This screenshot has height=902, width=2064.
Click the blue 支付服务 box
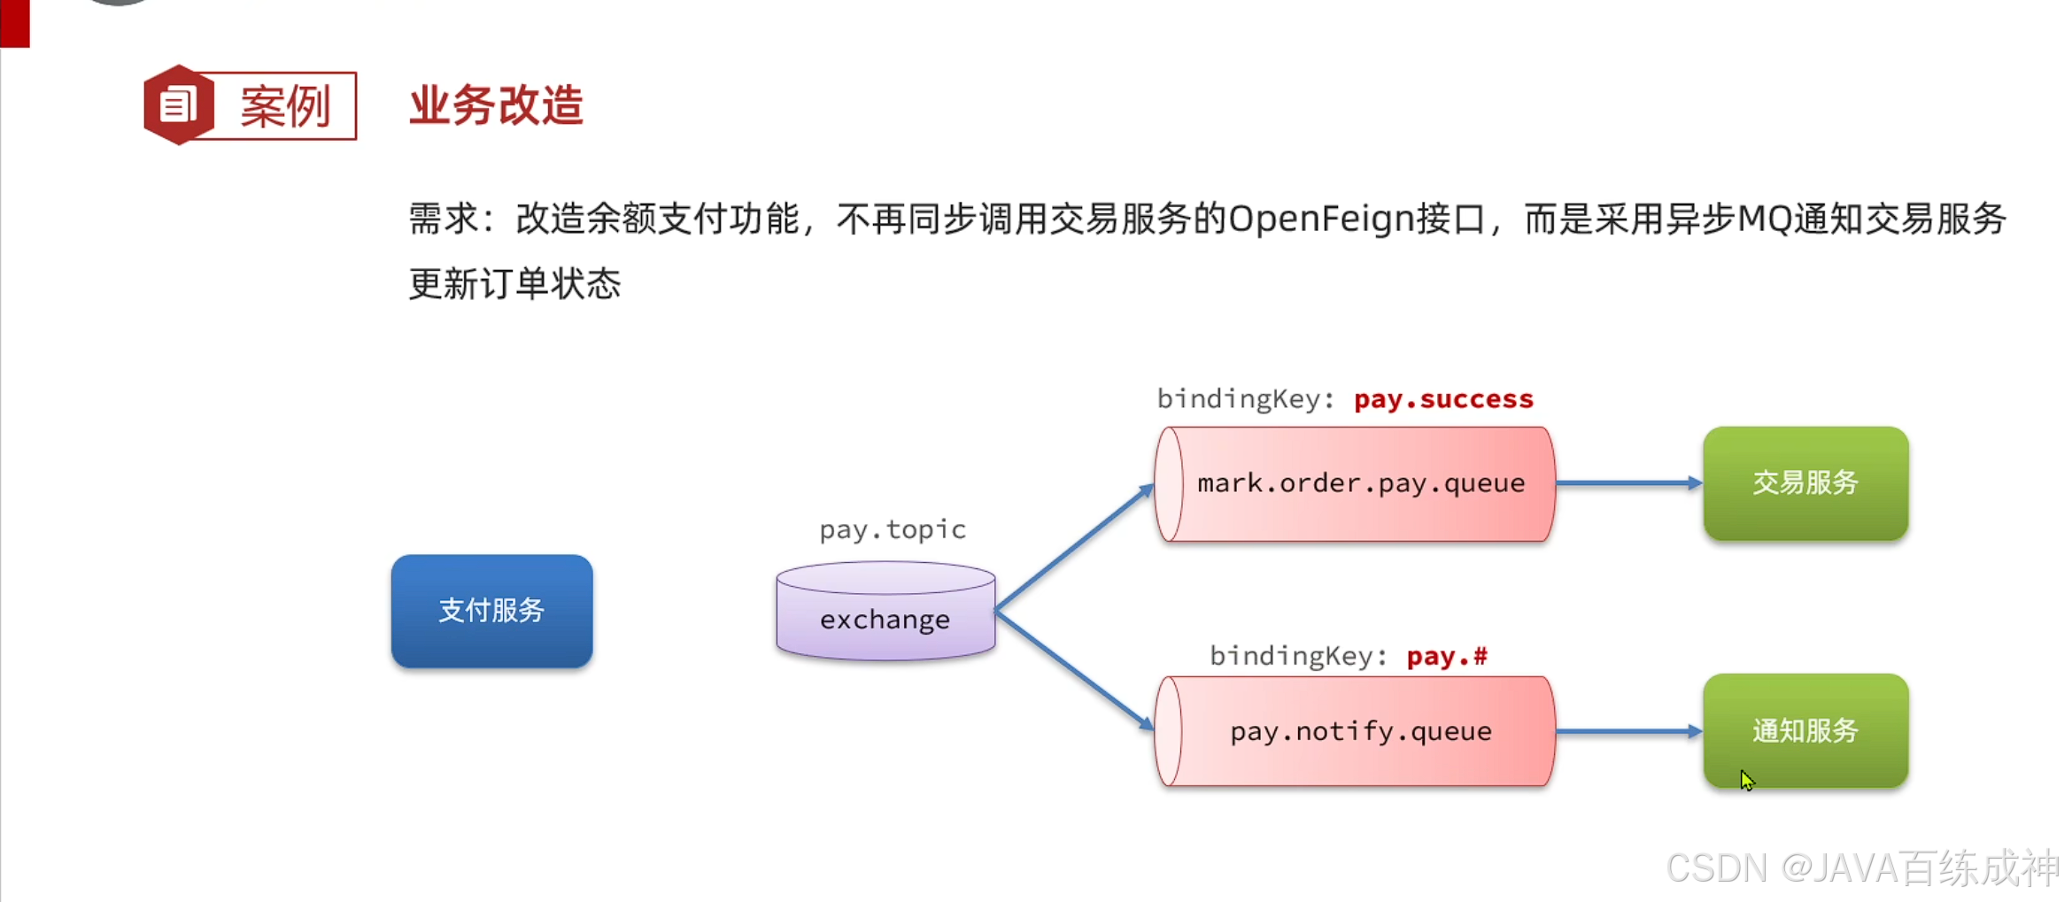pos(491,611)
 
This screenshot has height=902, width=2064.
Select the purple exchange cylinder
pos(885,613)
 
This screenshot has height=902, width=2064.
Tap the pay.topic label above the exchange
pos(892,529)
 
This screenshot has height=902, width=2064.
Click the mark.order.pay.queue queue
pos(1355,483)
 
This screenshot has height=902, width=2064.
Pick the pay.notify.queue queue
pos(1355,731)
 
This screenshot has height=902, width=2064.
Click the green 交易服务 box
pos(1805,483)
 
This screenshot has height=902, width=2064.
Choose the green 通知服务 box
pos(1805,731)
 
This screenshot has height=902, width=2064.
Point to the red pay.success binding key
pos(1443,399)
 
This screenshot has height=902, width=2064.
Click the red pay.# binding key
pos(1447,656)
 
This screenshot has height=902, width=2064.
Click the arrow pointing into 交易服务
pos(1627,483)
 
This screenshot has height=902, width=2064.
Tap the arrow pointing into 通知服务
pos(1627,731)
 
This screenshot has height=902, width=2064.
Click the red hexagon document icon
pos(179,105)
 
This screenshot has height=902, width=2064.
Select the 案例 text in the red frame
pos(285,107)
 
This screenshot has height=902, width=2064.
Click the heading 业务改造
pos(496,105)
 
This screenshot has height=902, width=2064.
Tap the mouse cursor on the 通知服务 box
pos(1746,779)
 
